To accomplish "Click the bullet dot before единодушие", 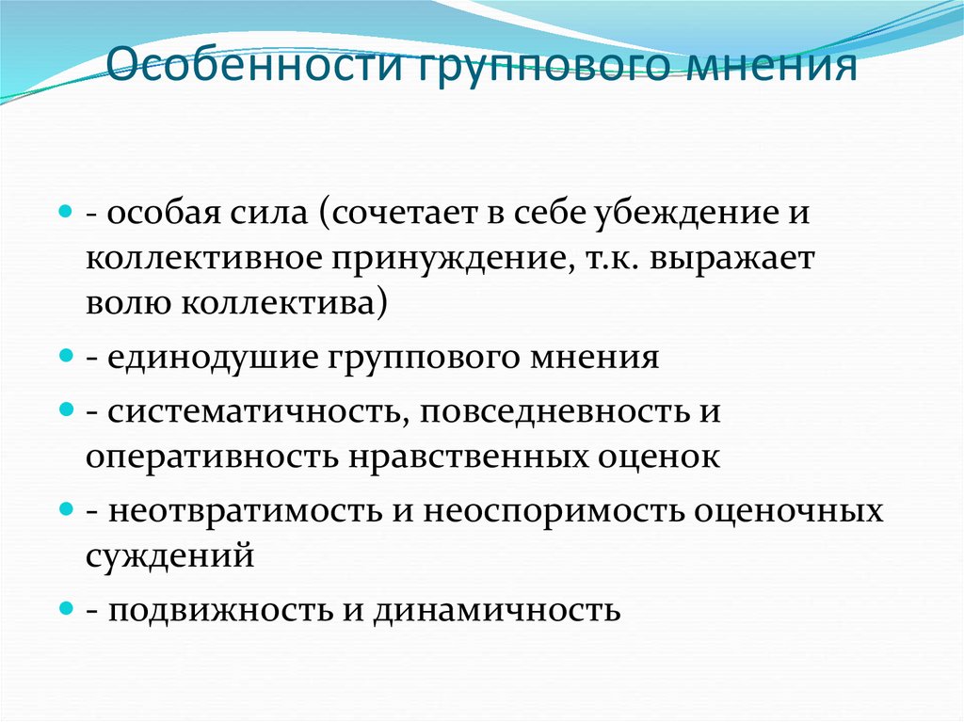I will pos(66,358).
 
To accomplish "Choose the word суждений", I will pos(169,555).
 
